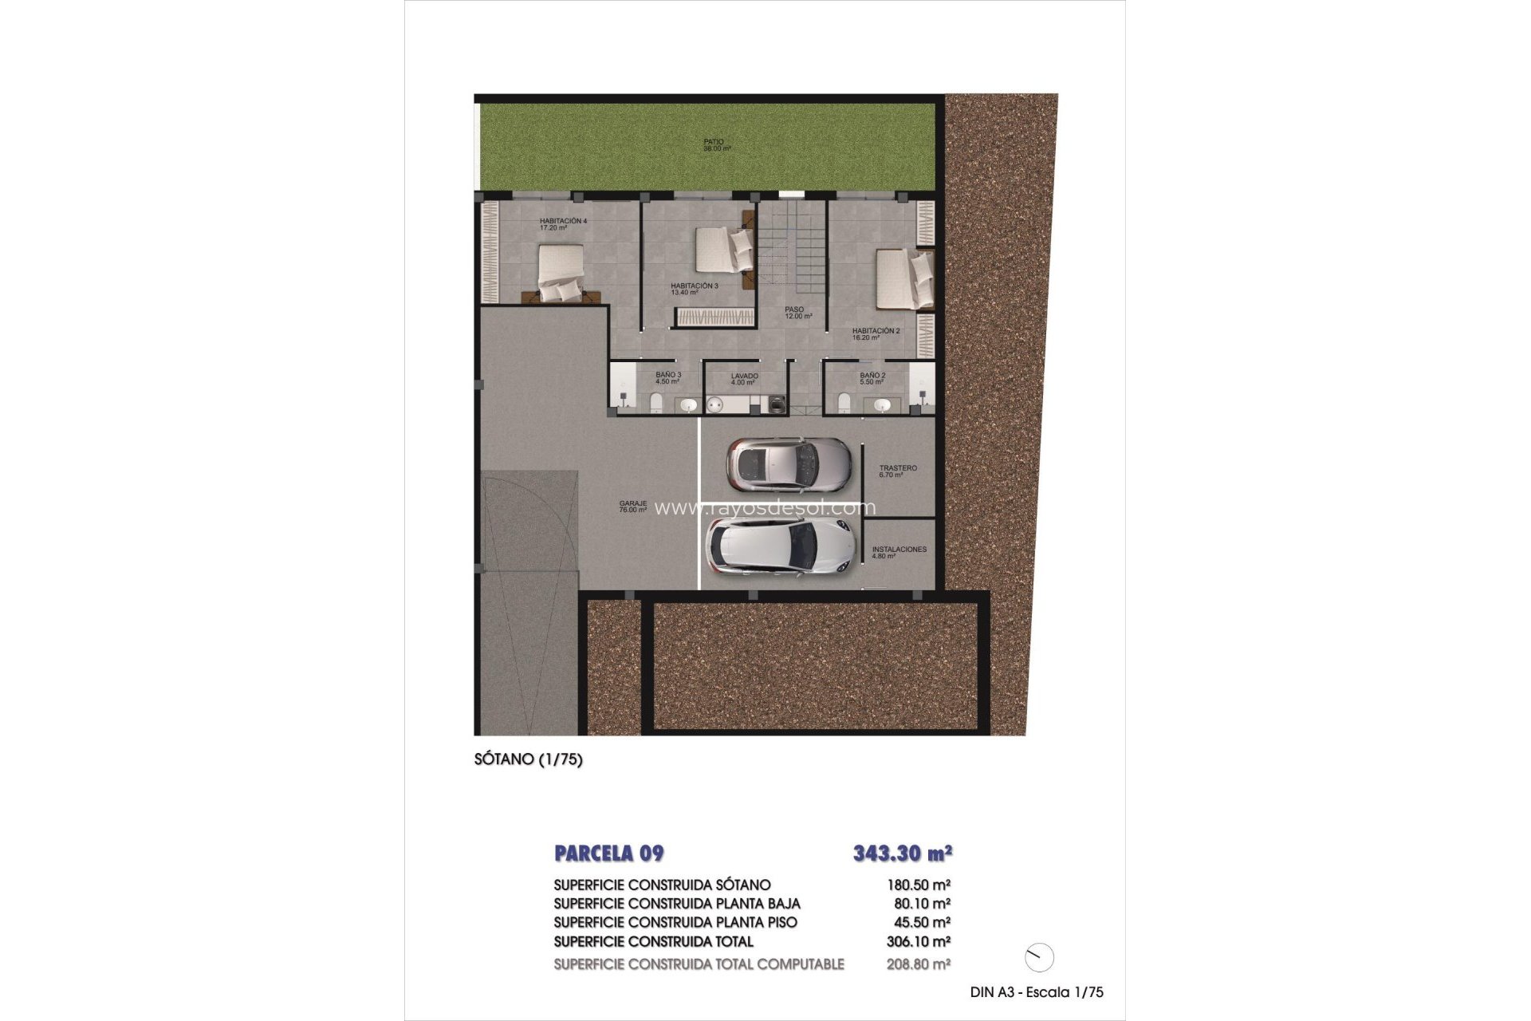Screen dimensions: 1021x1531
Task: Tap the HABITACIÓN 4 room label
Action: [x=562, y=224]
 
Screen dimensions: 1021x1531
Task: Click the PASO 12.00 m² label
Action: [x=797, y=313]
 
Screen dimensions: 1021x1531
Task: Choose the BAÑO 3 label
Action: [x=667, y=378]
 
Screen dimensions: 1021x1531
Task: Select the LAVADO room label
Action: [x=743, y=379]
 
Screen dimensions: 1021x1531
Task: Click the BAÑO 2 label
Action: [x=872, y=378]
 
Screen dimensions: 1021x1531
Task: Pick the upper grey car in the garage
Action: [x=788, y=464]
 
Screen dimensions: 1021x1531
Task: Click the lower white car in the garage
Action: [x=780, y=546]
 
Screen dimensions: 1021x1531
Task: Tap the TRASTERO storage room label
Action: [x=897, y=471]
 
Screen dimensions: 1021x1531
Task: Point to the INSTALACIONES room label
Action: [x=899, y=552]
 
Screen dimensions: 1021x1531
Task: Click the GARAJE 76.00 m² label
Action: [x=633, y=507]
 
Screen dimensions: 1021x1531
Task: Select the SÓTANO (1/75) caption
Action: [x=528, y=759]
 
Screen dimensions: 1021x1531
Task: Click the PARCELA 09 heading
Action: [x=608, y=853]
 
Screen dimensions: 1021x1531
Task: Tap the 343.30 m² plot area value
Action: [x=902, y=853]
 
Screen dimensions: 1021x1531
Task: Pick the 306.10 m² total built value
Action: [x=918, y=942]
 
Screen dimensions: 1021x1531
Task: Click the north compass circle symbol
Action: [x=1039, y=957]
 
